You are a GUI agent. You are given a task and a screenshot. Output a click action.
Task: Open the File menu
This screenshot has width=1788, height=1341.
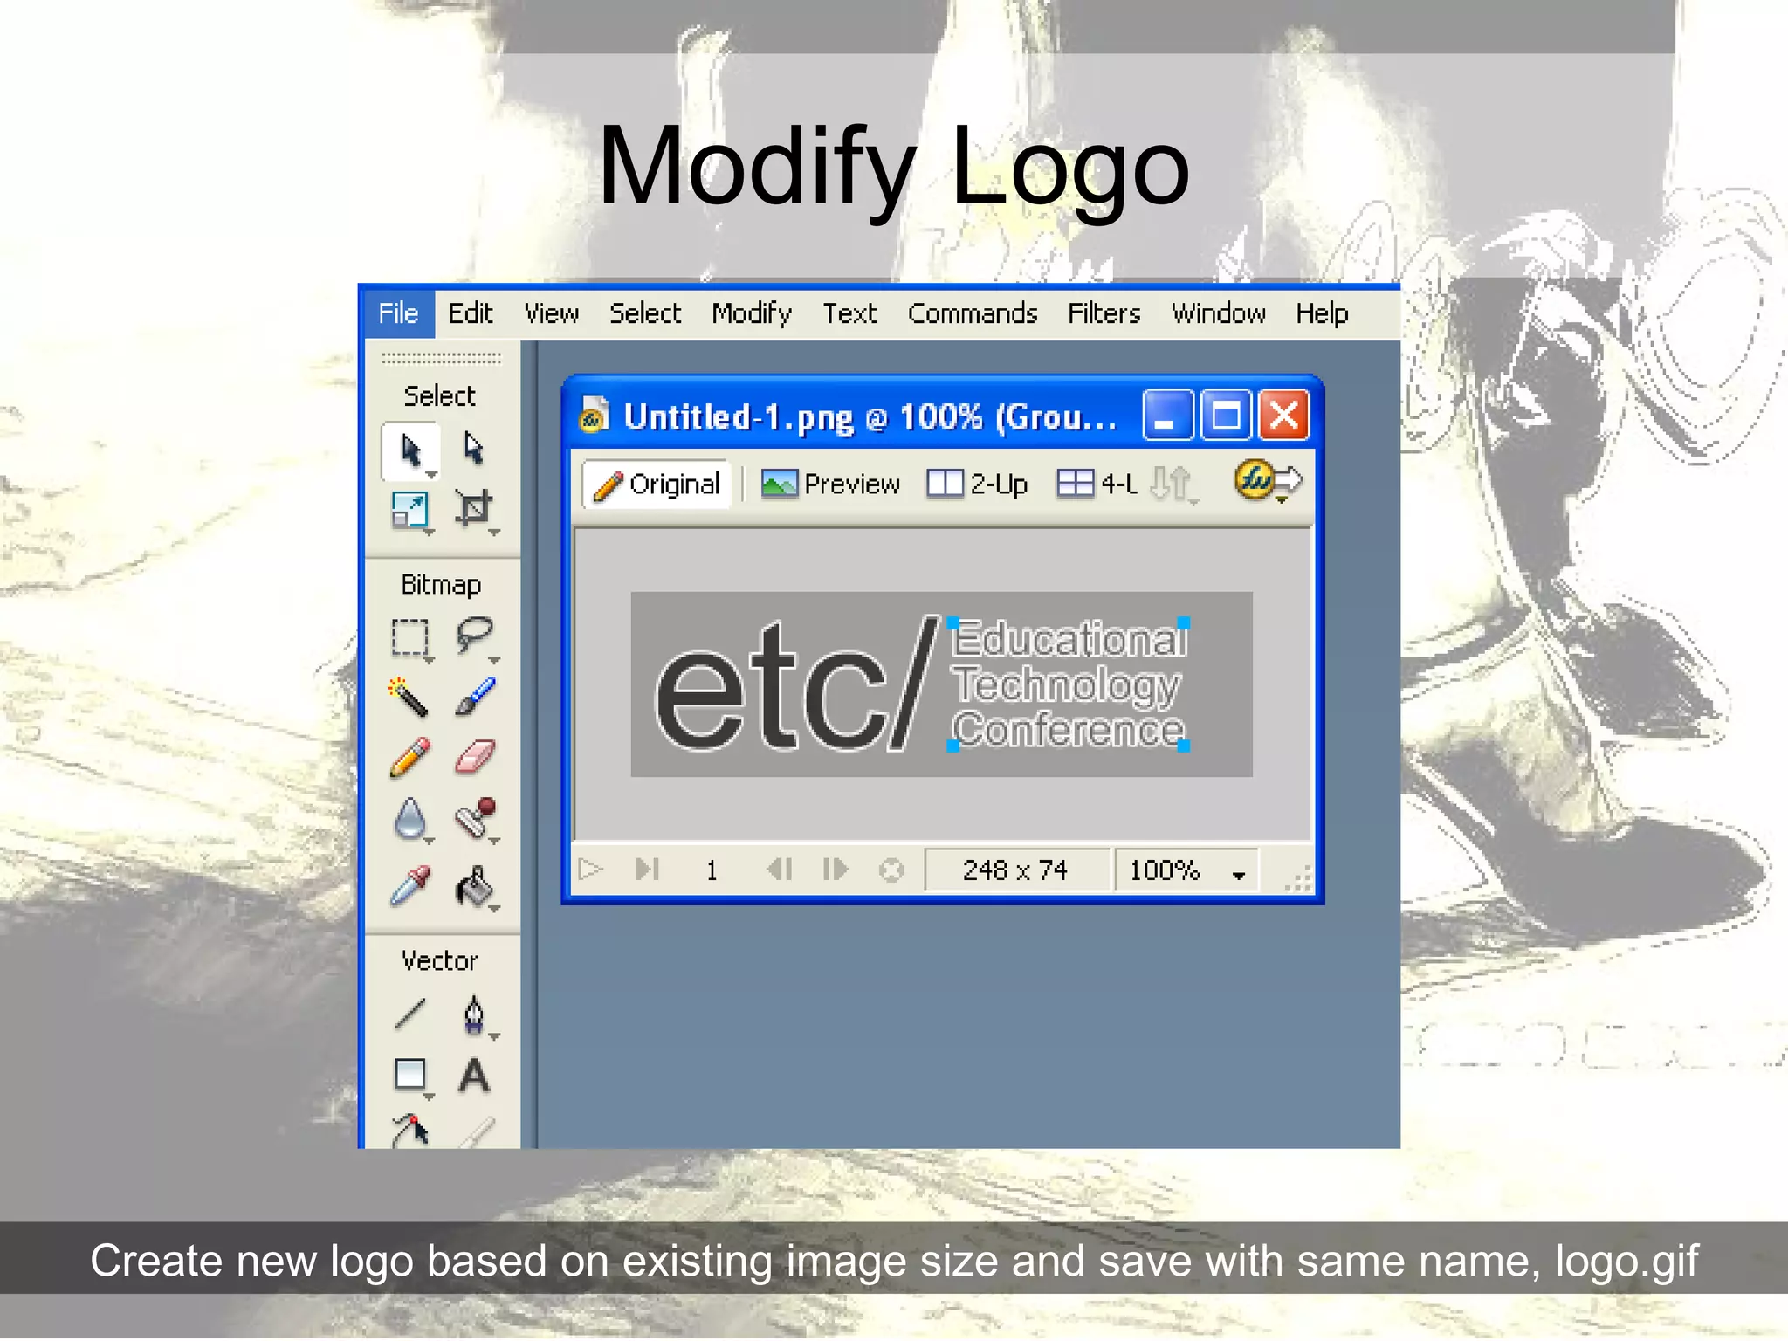pyautogui.click(x=398, y=313)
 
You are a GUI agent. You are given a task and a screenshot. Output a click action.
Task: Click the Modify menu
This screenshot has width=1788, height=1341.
pyautogui.click(x=752, y=313)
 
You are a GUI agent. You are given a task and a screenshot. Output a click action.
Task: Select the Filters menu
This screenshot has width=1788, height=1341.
pyautogui.click(x=1104, y=313)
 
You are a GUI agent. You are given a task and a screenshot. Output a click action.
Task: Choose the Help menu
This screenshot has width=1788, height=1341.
pyautogui.click(x=1321, y=313)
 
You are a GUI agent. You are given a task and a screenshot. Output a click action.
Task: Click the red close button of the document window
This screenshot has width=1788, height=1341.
pyautogui.click(x=1283, y=416)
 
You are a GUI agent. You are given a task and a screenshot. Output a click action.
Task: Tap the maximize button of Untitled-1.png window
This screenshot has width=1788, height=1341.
pyautogui.click(x=1226, y=416)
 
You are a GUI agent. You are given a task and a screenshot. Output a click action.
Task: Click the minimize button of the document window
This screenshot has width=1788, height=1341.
pyautogui.click(x=1167, y=416)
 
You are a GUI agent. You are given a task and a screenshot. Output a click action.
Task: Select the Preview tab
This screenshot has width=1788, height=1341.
pyautogui.click(x=830, y=484)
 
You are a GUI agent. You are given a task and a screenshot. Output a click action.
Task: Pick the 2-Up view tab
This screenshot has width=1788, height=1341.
pyautogui.click(x=978, y=484)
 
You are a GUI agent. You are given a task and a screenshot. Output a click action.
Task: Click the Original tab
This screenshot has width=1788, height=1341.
pyautogui.click(x=657, y=484)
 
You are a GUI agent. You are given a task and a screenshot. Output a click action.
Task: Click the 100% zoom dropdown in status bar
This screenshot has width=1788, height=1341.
pyautogui.click(x=1186, y=870)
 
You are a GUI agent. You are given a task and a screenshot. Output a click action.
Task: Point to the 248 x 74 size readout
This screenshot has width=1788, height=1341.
pyautogui.click(x=1014, y=870)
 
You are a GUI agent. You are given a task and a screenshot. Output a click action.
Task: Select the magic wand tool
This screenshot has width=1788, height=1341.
pyautogui.click(x=409, y=697)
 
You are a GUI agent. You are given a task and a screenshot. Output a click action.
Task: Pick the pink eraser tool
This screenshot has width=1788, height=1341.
pyautogui.click(x=475, y=757)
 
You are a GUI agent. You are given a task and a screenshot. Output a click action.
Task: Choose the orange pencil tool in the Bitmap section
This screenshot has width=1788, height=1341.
pyautogui.click(x=409, y=757)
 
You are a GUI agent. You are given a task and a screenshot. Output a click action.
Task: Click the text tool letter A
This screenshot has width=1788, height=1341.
pyautogui.click(x=474, y=1076)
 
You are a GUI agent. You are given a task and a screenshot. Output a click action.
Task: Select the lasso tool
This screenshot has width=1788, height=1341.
pyautogui.click(x=475, y=635)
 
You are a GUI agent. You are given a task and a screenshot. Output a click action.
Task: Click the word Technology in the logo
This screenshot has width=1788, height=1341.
pyautogui.click(x=1066, y=684)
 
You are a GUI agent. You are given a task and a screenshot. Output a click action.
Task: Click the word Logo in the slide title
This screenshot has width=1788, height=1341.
pyautogui.click(x=1069, y=166)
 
